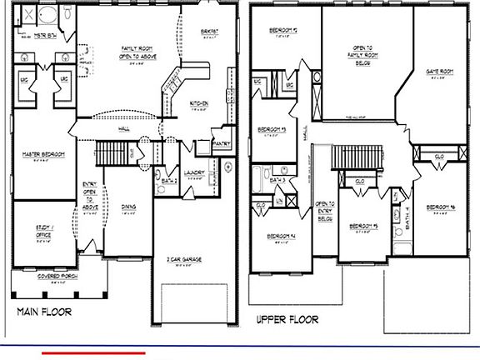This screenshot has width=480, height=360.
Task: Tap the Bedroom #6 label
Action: coord(439,207)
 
